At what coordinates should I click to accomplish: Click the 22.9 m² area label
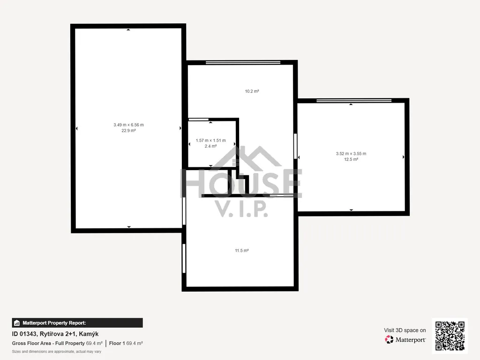pos(128,131)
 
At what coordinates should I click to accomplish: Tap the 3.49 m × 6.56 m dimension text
pos(128,125)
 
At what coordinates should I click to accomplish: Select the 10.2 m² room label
pos(252,91)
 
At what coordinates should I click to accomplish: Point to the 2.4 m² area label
pos(210,146)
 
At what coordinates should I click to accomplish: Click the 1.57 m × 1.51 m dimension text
pos(210,141)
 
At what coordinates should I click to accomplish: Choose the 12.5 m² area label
pos(351,159)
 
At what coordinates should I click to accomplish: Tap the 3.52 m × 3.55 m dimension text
pos(351,154)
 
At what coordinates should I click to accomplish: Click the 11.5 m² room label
pos(242,251)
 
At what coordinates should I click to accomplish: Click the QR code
pos(450,336)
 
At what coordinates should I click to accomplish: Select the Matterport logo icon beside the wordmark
pos(389,339)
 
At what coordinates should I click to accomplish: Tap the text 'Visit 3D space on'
pos(405,330)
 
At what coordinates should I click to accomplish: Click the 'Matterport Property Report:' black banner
pos(77,323)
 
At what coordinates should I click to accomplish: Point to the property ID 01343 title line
pos(55,334)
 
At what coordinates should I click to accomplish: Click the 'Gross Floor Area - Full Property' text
pos(48,344)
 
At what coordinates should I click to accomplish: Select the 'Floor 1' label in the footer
pos(117,344)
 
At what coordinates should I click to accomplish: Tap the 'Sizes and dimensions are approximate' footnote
pos(57,352)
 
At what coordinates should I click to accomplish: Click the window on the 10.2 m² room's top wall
pos(243,62)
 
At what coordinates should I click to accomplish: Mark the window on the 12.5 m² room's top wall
pos(354,101)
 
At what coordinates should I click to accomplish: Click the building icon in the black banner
pos(17,323)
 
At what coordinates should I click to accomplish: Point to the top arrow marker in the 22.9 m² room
pos(128,30)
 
